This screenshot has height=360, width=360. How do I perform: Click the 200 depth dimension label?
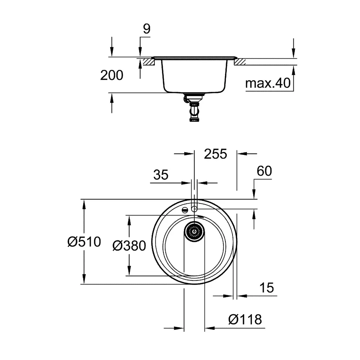[x=112, y=75]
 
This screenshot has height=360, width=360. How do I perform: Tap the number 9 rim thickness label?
[x=147, y=29]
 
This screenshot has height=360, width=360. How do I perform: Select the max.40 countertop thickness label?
[x=268, y=83]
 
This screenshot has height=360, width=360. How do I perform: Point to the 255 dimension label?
[x=215, y=154]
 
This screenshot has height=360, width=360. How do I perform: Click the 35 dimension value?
[x=161, y=175]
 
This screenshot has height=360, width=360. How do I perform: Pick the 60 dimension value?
[x=264, y=171]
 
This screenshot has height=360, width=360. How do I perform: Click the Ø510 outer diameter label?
[x=84, y=242]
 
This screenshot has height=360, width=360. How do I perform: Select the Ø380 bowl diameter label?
[x=129, y=246]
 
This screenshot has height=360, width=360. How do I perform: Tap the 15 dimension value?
[x=266, y=288]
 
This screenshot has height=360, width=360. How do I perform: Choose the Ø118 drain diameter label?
[x=245, y=319]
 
